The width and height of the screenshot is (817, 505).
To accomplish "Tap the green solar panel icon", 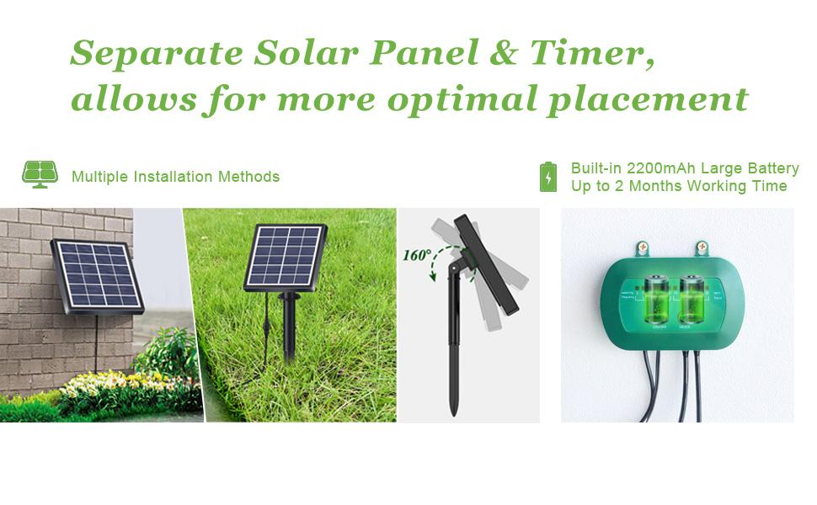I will (40, 174).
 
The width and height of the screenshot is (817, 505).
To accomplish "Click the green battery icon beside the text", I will (547, 177).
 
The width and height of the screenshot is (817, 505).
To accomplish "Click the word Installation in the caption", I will (173, 177).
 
